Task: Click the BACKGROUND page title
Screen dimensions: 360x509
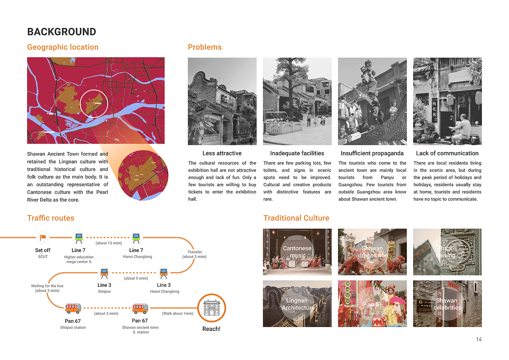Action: (62, 32)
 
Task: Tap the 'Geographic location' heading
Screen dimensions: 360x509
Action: (62, 47)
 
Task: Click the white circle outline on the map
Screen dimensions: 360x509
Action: (94, 103)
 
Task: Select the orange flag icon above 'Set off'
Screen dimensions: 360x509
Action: (43, 237)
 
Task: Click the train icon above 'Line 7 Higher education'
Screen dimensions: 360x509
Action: (79, 237)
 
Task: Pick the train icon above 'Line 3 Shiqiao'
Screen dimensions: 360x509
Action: (104, 272)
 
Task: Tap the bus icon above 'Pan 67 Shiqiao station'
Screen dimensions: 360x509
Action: (73, 308)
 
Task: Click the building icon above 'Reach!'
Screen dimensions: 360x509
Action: (212, 308)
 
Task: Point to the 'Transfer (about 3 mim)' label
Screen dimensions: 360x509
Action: (194, 254)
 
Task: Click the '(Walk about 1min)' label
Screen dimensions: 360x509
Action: (177, 313)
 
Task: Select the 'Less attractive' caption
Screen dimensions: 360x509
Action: (222, 153)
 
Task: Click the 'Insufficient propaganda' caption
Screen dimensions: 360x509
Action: (372, 153)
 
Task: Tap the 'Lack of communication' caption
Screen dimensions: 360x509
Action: (447, 153)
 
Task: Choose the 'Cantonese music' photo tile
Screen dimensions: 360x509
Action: (297, 252)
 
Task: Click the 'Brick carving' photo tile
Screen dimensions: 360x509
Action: (447, 252)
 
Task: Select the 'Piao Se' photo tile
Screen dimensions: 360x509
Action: (372, 304)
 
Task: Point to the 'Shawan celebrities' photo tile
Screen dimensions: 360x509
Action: (447, 304)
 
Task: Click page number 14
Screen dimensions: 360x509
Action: (479, 339)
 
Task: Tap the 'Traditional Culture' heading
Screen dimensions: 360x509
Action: (296, 218)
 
